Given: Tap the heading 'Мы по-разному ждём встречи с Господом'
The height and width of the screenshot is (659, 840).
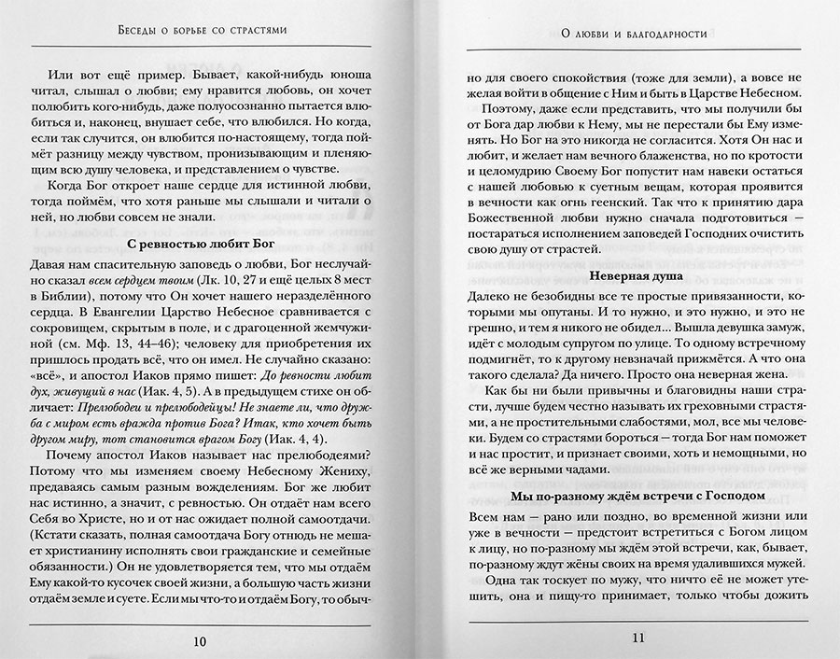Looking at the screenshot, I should (638, 495).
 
